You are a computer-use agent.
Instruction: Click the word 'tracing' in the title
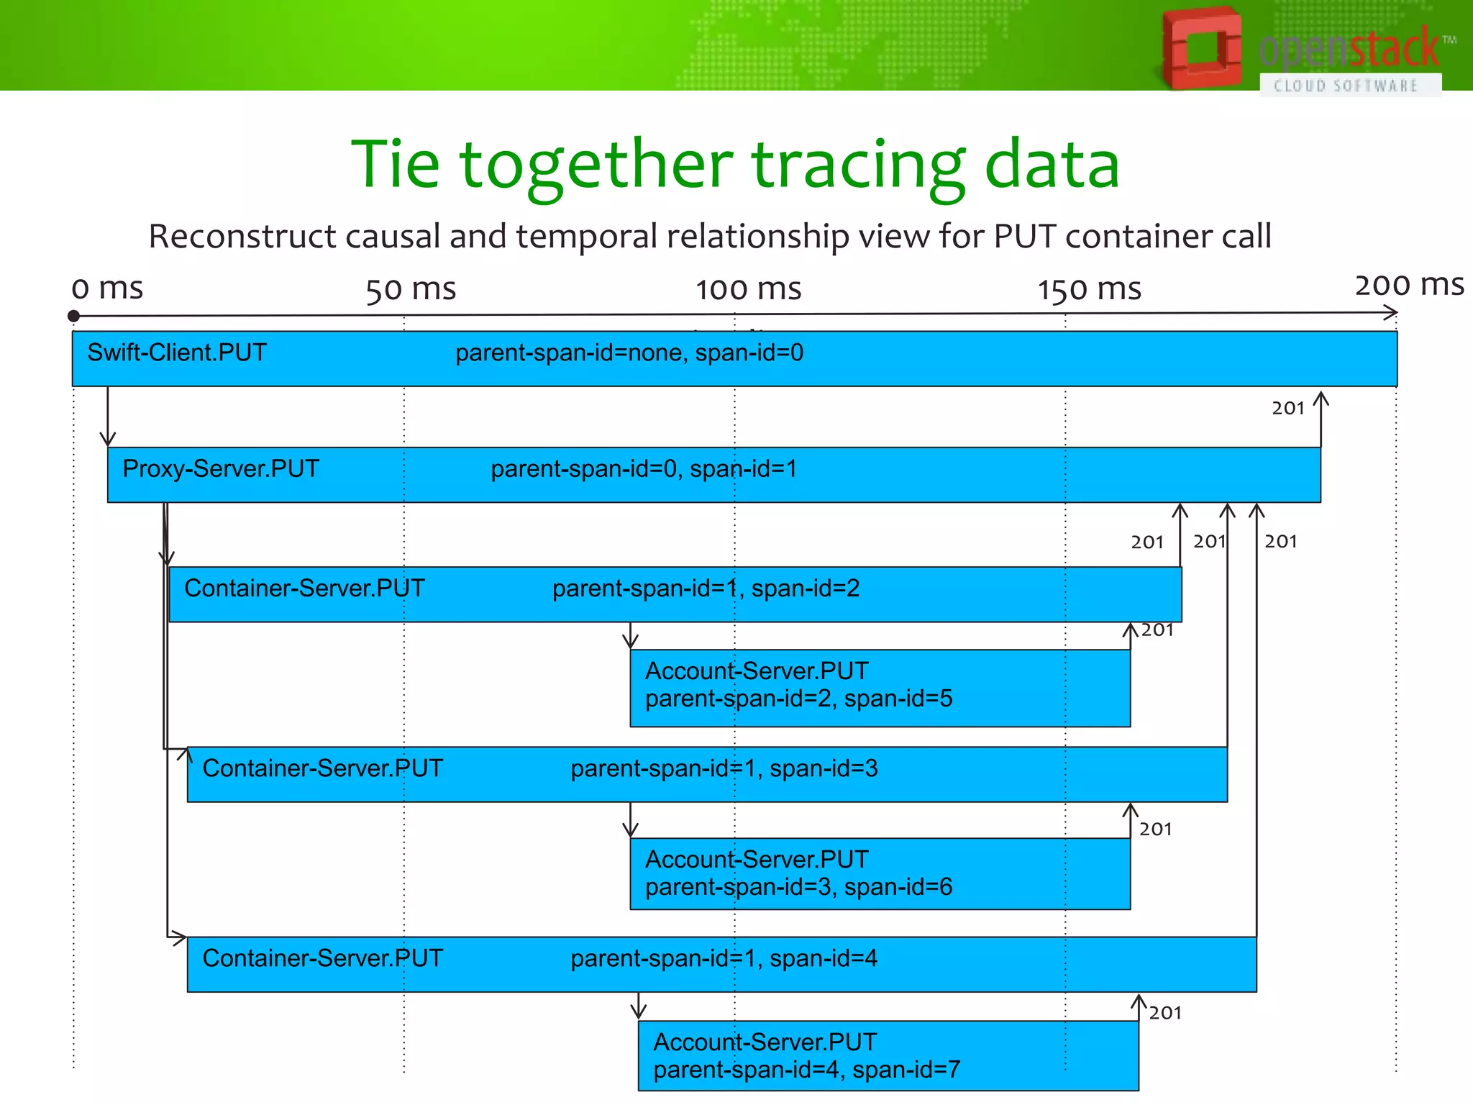(858, 165)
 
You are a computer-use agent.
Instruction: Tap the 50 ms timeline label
(411, 289)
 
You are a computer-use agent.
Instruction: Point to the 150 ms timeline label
(1088, 289)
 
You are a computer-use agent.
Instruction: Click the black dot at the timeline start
(73, 316)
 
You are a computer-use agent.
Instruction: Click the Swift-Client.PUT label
(177, 353)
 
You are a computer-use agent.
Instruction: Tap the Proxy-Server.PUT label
(221, 468)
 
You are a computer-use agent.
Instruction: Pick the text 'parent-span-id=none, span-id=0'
(629, 353)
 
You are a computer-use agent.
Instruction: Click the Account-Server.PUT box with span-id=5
(880, 688)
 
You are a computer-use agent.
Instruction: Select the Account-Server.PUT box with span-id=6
(880, 873)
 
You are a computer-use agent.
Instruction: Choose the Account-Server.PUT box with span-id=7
(888, 1055)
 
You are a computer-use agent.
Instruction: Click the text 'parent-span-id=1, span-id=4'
(724, 958)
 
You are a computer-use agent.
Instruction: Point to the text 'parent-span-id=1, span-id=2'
(706, 588)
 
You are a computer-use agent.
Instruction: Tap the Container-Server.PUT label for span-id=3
(322, 768)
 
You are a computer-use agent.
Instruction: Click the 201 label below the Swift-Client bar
(1287, 409)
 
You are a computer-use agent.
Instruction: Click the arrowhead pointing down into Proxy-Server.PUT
(108, 440)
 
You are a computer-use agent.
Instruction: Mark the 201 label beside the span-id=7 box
(1165, 1013)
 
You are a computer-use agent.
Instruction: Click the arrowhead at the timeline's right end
(1392, 313)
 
